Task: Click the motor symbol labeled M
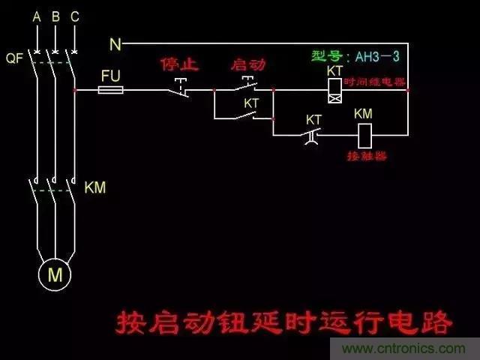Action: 55,274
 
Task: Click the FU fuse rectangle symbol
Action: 112,90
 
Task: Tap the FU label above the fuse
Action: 110,75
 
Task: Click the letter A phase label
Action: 35,16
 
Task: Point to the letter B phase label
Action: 55,16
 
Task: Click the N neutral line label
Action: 115,45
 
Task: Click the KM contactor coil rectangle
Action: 364,135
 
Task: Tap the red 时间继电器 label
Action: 375,80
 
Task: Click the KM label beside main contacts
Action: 94,187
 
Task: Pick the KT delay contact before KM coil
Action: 314,135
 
